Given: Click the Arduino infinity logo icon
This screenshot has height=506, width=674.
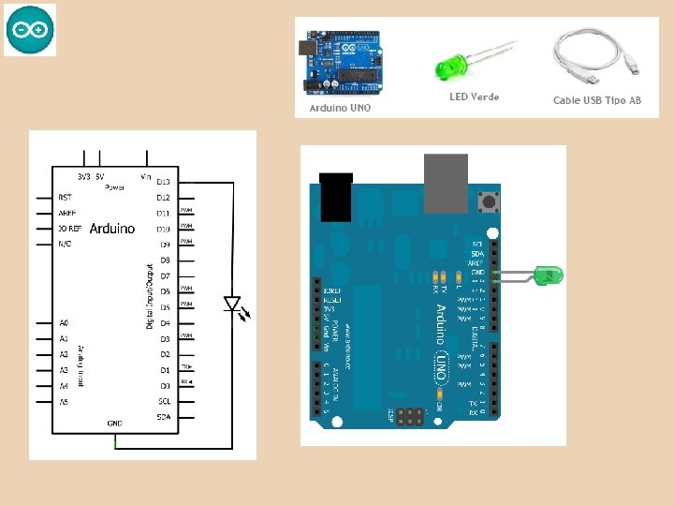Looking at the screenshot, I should pyautogui.click(x=30, y=30).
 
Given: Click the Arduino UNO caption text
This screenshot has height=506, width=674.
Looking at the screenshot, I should pyautogui.click(x=340, y=108).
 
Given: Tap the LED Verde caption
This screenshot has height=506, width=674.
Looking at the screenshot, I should pyautogui.click(x=474, y=97).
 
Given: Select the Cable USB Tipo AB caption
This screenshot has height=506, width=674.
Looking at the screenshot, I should pyautogui.click(x=597, y=100).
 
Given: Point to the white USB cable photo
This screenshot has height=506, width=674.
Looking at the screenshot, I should pyautogui.click(x=597, y=55).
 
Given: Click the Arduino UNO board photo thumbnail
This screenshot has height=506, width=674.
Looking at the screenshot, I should pyautogui.click(x=340, y=63).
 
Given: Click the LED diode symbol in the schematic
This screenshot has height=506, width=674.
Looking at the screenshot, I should pyautogui.click(x=232, y=305).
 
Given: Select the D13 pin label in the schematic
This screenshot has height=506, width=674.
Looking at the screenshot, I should pyautogui.click(x=164, y=182).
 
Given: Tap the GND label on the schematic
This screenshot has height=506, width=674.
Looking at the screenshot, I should pyautogui.click(x=114, y=423).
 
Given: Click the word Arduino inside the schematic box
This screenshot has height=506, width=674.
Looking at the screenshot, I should pyautogui.click(x=111, y=228).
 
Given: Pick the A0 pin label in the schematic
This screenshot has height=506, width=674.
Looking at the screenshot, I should pyautogui.click(x=64, y=322).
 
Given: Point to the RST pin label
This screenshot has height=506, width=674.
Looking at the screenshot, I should pyautogui.click(x=65, y=198).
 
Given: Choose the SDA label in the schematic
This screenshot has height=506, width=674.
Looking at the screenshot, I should pyautogui.click(x=164, y=417).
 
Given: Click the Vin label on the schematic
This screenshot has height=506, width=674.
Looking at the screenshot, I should pyautogui.click(x=145, y=175).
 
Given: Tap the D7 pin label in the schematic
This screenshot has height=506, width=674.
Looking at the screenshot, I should pyautogui.click(x=164, y=275).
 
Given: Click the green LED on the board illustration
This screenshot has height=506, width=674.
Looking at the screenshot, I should pyautogui.click(x=546, y=275).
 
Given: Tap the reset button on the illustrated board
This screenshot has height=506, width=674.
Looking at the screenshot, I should pyautogui.click(x=487, y=201).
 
